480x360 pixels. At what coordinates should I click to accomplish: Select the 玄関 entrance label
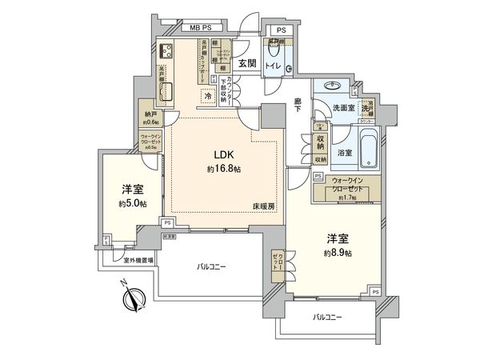pos(246,63)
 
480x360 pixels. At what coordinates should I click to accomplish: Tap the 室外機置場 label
pos(139,260)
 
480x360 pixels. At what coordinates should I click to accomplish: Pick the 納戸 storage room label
pos(150,114)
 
